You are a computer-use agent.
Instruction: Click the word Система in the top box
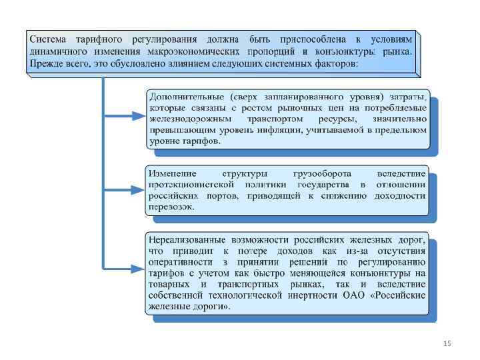tap(48, 37)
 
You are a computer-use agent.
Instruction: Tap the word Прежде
tap(45, 63)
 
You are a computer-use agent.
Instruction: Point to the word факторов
tap(336, 63)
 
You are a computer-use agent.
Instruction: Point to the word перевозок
tap(171, 207)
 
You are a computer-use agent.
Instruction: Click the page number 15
tap(447, 343)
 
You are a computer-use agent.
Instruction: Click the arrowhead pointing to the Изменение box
tap(137, 190)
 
